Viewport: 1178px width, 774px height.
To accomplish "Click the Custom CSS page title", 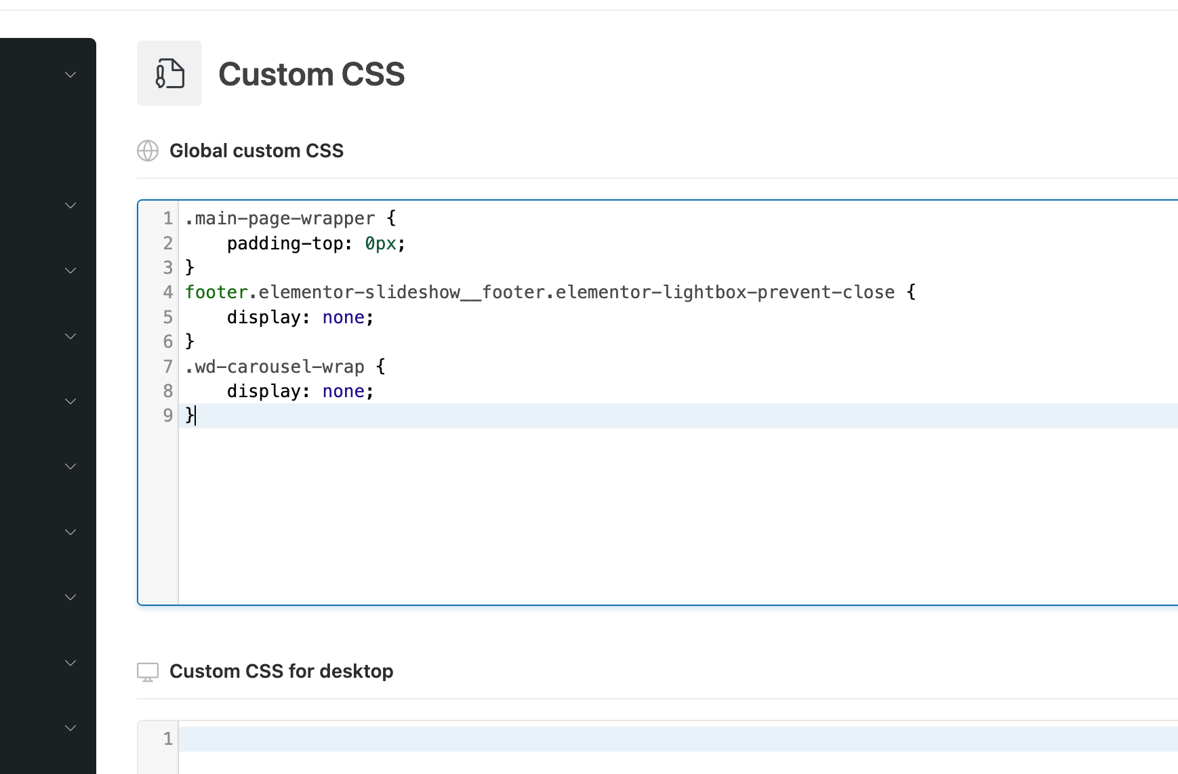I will (x=311, y=74).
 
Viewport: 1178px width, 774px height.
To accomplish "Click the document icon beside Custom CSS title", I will (x=169, y=73).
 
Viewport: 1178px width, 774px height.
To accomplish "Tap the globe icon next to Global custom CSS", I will (x=148, y=150).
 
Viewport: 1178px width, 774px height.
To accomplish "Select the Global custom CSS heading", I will (x=256, y=150).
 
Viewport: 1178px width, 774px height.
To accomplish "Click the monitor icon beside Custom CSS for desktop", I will (x=148, y=672).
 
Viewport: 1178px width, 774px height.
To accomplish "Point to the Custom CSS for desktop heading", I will (x=281, y=671).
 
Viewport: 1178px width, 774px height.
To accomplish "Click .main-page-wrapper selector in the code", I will (x=280, y=218).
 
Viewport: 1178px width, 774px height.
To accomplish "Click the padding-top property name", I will (x=285, y=243).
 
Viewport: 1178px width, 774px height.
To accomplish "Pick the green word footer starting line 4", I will (x=216, y=292).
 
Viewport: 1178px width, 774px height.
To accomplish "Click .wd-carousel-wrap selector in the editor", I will (x=275, y=367).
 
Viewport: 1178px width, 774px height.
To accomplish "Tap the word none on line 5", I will (x=343, y=317).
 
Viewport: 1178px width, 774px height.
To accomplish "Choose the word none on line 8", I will (x=343, y=391).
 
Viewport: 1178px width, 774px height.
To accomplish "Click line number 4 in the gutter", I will (x=167, y=292).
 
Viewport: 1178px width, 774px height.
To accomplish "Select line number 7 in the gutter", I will (x=167, y=367).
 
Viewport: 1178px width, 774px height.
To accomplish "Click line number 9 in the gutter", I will (x=167, y=415).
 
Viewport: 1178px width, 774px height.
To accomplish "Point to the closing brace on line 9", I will (x=190, y=415).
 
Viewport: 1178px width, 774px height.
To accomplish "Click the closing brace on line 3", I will (x=190, y=268).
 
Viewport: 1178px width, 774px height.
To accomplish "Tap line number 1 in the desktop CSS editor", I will (x=167, y=739).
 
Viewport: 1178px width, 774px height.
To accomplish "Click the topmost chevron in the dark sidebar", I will (x=70, y=75).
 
